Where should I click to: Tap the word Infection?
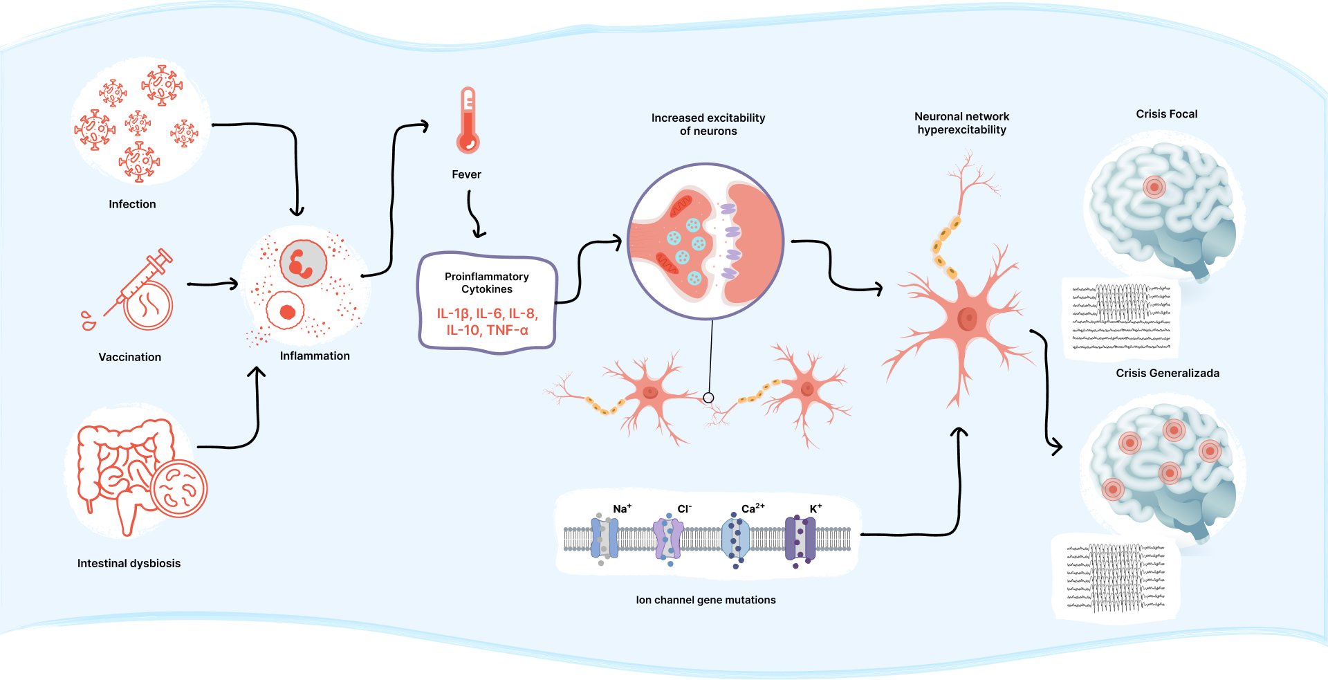point(132,204)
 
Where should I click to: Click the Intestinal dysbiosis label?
point(129,563)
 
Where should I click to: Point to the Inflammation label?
point(315,356)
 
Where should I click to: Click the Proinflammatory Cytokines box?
point(487,302)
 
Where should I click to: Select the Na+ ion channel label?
point(622,509)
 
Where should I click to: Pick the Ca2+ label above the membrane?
point(753,508)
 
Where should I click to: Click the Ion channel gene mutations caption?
point(705,600)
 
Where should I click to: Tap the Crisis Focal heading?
point(1166,114)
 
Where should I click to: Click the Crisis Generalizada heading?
point(1168,373)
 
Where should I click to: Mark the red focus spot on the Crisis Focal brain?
point(1154,187)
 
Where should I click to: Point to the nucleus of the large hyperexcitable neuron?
point(967,319)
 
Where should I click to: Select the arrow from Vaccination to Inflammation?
point(212,284)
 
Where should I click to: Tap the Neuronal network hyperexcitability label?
point(961,123)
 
